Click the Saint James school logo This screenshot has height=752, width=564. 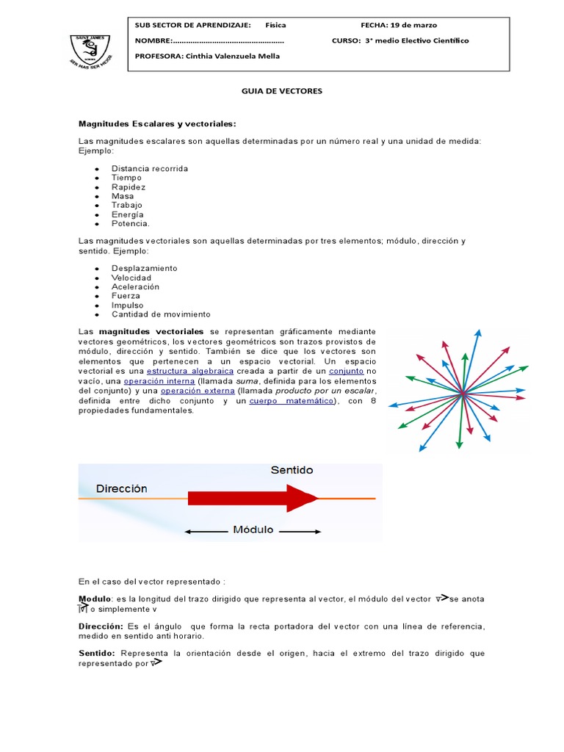coord(92,49)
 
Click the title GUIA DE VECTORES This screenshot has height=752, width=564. coord(282,91)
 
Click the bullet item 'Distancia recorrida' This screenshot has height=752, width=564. coord(150,168)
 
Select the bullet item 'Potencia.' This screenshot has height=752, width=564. coord(131,223)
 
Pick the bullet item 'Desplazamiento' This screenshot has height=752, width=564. coord(144,268)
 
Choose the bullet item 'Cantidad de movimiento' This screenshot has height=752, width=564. coord(161,314)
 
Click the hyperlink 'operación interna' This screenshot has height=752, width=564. coord(159,381)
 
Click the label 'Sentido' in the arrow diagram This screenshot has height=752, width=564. coord(292,470)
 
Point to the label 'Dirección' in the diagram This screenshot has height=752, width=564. coord(121,488)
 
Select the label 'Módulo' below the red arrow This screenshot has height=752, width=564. coord(253,529)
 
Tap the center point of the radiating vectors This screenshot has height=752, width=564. coord(463,395)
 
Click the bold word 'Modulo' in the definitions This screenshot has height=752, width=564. coord(95,599)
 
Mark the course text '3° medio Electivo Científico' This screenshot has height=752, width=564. coord(416,40)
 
